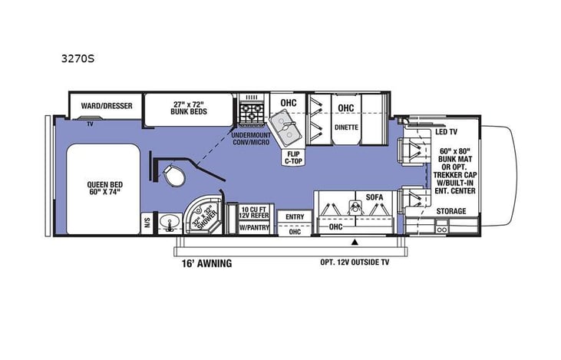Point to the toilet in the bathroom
(x=175, y=176)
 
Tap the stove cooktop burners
(x=252, y=114)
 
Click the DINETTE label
(x=347, y=128)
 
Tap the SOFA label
(x=374, y=197)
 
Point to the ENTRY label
(x=294, y=216)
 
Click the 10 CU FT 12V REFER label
(x=252, y=213)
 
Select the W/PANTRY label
(x=252, y=228)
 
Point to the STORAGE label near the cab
(x=450, y=210)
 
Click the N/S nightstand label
(x=147, y=224)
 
